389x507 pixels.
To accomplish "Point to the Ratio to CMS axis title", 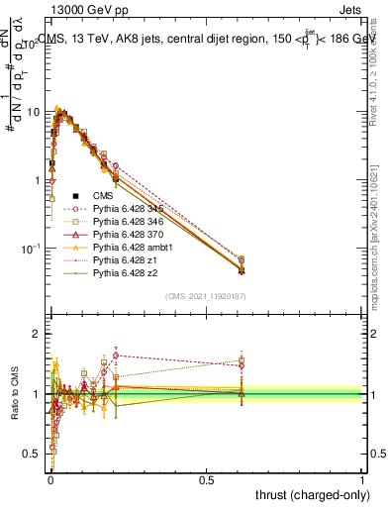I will coord(14,393).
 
